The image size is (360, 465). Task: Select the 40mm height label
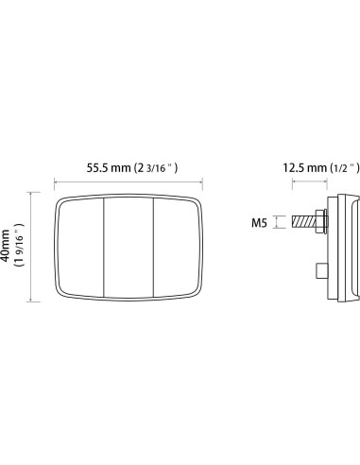pyautogui.click(x=9, y=248)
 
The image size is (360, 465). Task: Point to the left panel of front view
pyautogui.click(x=79, y=248)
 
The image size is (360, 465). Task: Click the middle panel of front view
pyautogui.click(x=128, y=248)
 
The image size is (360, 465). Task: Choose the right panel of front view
pyautogui.click(x=177, y=248)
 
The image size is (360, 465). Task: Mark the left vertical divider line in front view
pyautogui.click(x=103, y=248)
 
